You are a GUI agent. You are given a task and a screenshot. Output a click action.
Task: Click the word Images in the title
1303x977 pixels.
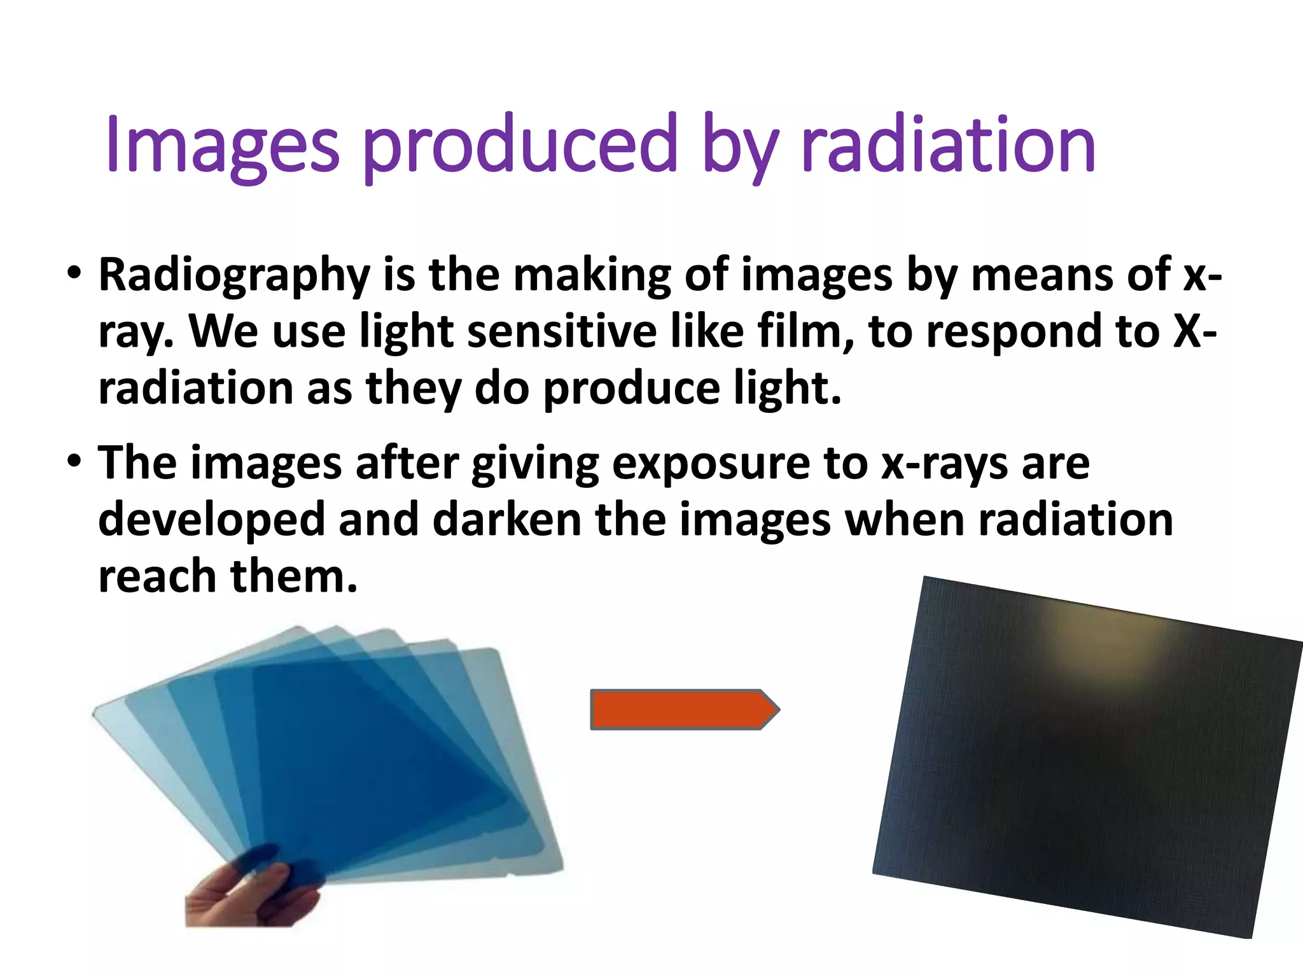223,145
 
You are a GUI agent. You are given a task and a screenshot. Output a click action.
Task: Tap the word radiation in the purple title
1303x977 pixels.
948,145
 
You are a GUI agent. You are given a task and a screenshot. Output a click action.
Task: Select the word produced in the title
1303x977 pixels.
519,145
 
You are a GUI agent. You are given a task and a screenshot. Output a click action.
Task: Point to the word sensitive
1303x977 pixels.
561,332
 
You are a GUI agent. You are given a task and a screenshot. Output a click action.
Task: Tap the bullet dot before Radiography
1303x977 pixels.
74,274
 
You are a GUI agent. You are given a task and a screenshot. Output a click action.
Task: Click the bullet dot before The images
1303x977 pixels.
74,461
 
